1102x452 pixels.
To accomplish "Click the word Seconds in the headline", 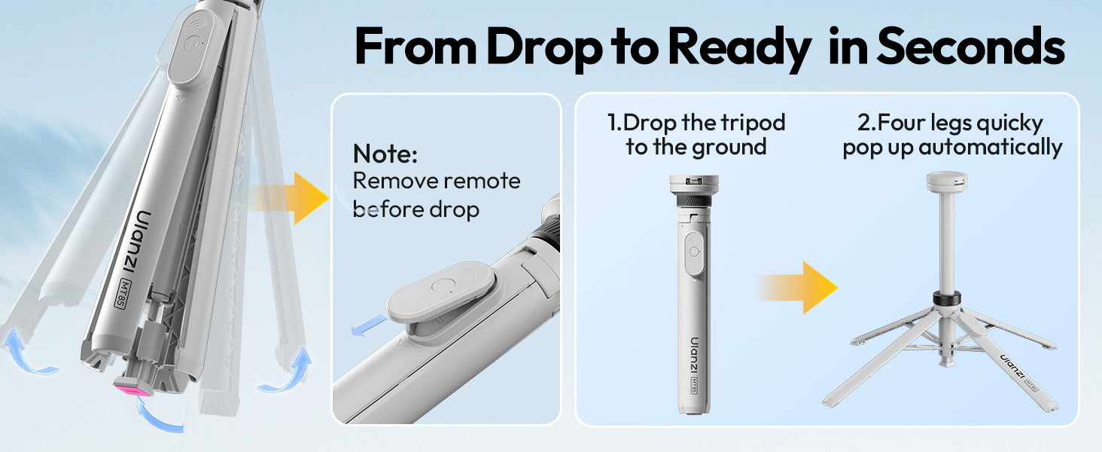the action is click(970, 46).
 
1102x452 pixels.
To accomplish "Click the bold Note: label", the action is click(385, 154).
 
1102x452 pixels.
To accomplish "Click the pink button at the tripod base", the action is click(132, 390).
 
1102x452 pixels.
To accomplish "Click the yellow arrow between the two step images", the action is click(797, 288).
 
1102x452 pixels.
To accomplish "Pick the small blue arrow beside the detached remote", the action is click(369, 325).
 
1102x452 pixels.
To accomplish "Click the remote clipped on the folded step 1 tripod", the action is click(694, 253).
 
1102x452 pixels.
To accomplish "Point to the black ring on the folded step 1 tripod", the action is click(694, 202).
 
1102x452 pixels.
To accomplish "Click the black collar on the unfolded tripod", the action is click(946, 298).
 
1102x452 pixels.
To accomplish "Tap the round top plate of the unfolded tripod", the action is click(946, 182).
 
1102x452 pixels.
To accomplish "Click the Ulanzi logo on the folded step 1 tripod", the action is click(695, 355).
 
